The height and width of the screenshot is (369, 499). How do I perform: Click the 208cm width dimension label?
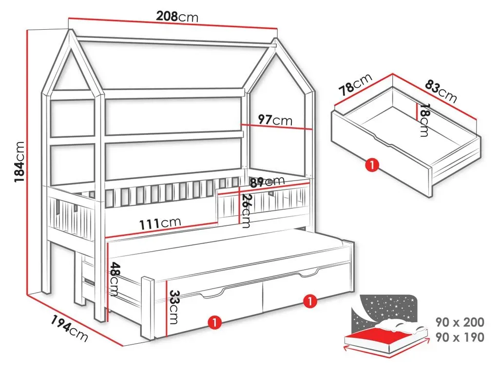coord(177,17)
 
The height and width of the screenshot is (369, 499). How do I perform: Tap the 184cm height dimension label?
coord(19,162)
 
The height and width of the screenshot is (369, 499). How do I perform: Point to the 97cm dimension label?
coord(275,120)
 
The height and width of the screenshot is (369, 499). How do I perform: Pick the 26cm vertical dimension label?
coord(246,211)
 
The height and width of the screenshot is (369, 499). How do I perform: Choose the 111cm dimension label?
coord(160,223)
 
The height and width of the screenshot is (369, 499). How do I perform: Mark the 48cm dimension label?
coord(114,279)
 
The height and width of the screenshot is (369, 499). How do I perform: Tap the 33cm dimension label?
coord(173,307)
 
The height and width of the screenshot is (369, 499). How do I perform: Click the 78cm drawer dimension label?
coord(355,84)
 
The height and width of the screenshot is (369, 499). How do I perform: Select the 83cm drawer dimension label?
coord(441,91)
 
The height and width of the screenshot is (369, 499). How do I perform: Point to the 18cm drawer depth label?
coord(423,120)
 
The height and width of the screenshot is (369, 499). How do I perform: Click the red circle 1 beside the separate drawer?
coord(372,166)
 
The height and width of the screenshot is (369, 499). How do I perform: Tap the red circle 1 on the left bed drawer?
coord(214,322)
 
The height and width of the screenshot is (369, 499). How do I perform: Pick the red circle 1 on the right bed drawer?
coord(309,301)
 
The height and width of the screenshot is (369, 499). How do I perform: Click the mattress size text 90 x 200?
coord(460,322)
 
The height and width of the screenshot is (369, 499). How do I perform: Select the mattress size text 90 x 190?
coord(460,337)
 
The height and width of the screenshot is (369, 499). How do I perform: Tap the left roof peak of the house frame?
coord(71,31)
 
